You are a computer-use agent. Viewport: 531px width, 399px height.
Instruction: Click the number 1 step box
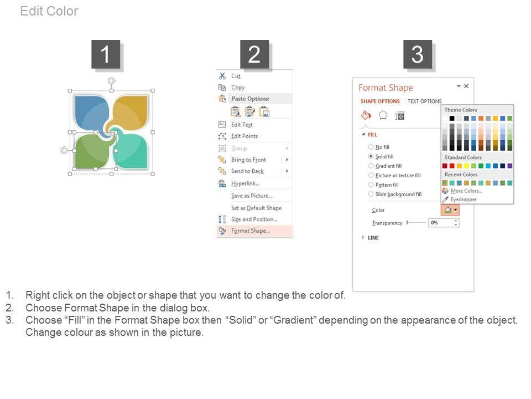(106, 54)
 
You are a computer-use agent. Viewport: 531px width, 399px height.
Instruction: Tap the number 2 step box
(254, 54)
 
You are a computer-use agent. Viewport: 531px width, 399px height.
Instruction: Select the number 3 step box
(418, 54)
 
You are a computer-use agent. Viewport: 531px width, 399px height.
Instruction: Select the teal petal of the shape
(133, 151)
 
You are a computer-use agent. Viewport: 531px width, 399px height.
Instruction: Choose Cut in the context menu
(236, 76)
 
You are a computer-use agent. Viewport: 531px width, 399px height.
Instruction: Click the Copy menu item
(238, 88)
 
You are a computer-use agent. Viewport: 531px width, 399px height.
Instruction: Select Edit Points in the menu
(244, 136)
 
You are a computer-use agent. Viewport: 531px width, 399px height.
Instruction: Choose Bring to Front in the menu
(248, 160)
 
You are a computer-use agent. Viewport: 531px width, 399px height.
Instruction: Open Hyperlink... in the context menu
(246, 183)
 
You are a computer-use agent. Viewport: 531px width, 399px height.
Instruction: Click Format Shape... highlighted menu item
(251, 231)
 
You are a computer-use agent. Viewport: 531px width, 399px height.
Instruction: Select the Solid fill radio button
(371, 156)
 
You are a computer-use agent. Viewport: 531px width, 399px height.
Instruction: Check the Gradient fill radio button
(371, 166)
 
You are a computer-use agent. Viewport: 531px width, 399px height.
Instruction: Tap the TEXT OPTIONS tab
(424, 101)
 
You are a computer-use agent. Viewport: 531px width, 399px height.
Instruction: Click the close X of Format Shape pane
(466, 86)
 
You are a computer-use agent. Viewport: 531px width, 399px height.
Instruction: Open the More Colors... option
(466, 191)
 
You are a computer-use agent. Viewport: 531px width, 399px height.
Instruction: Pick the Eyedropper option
(464, 199)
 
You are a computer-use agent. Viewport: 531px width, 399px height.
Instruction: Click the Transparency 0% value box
(444, 223)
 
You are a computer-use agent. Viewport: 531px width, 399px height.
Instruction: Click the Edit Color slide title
(49, 11)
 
